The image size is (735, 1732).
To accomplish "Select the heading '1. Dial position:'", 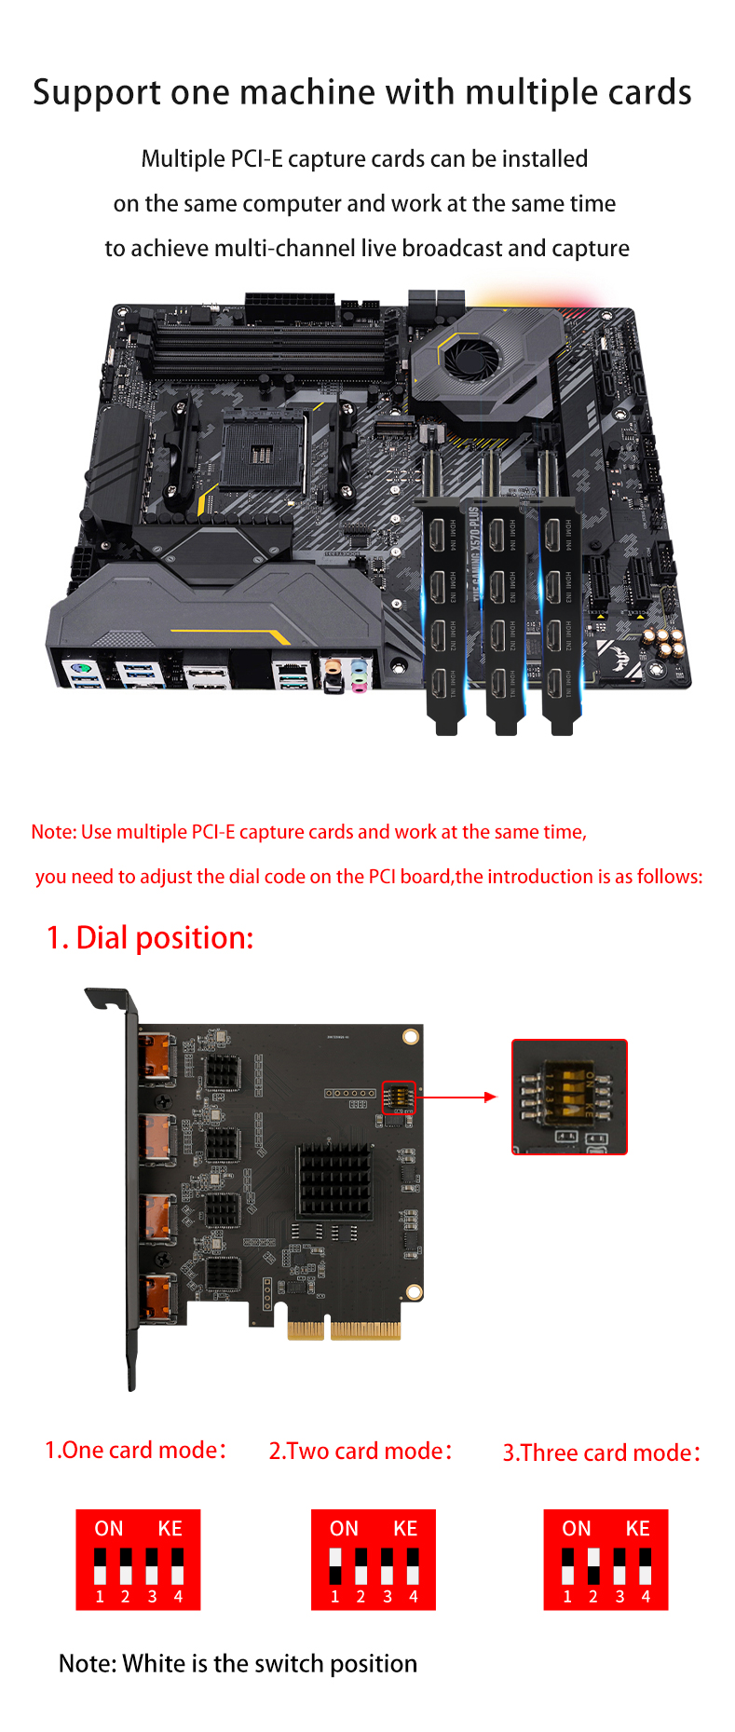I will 150,937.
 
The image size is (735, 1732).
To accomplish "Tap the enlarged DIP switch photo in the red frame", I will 569,1097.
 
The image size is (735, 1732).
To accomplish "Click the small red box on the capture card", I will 399,1098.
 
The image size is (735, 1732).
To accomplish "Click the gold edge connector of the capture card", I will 344,1330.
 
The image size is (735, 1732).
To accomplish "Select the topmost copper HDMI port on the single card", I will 157,1059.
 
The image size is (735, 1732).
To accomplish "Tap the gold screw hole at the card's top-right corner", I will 410,1037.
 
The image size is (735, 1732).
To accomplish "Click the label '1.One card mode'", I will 135,1451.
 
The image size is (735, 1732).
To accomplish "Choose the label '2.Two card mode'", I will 361,1452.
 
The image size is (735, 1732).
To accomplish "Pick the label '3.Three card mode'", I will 602,1453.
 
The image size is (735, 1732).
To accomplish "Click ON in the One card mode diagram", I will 109,1529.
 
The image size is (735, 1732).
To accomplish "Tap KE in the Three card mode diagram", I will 637,1529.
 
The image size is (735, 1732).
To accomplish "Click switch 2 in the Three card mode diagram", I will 593,1567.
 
